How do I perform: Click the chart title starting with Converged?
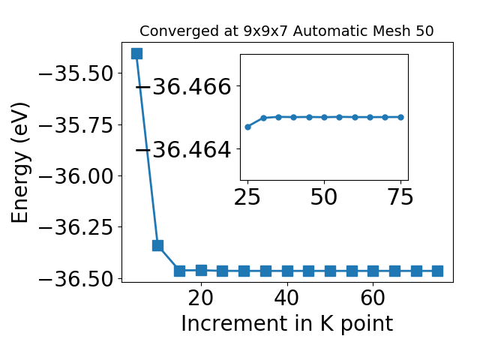pos(286,31)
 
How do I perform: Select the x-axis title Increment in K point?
pos(286,324)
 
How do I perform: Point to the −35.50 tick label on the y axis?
pos(76,73)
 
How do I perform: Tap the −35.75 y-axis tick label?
pos(76,125)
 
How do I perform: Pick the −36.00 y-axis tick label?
pos(76,176)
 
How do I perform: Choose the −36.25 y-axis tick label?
pos(76,227)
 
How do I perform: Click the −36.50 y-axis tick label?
pos(76,278)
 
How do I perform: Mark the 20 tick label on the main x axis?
pos(201,298)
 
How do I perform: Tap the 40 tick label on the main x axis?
pos(286,298)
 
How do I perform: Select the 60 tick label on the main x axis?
pos(373,298)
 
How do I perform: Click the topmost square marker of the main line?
pos(136,53)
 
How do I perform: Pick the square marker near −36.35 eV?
pos(157,245)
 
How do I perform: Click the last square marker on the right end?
pos(437,271)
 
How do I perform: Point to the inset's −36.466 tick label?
pos(183,86)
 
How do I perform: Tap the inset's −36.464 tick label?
pos(183,150)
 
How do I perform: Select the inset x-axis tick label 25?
pos(247,196)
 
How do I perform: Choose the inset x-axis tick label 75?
pos(400,196)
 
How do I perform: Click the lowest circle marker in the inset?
pos(248,127)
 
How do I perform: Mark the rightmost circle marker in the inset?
pos(401,117)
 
